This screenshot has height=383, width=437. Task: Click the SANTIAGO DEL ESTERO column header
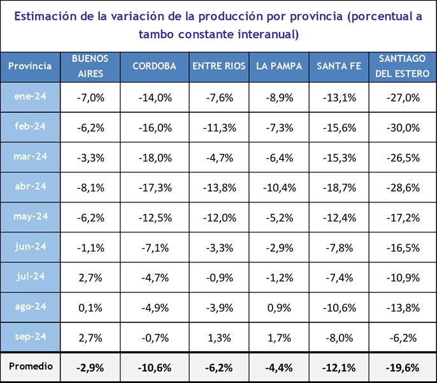403,66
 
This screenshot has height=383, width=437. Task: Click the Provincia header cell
30,66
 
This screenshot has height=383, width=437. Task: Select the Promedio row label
30,367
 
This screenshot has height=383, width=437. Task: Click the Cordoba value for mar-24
155,157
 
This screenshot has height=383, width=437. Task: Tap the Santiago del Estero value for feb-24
403,128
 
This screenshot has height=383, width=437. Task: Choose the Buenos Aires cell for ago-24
90,308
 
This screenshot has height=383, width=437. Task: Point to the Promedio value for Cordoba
155,368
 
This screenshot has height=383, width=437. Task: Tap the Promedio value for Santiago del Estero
403,368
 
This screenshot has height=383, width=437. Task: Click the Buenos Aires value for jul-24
90,278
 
